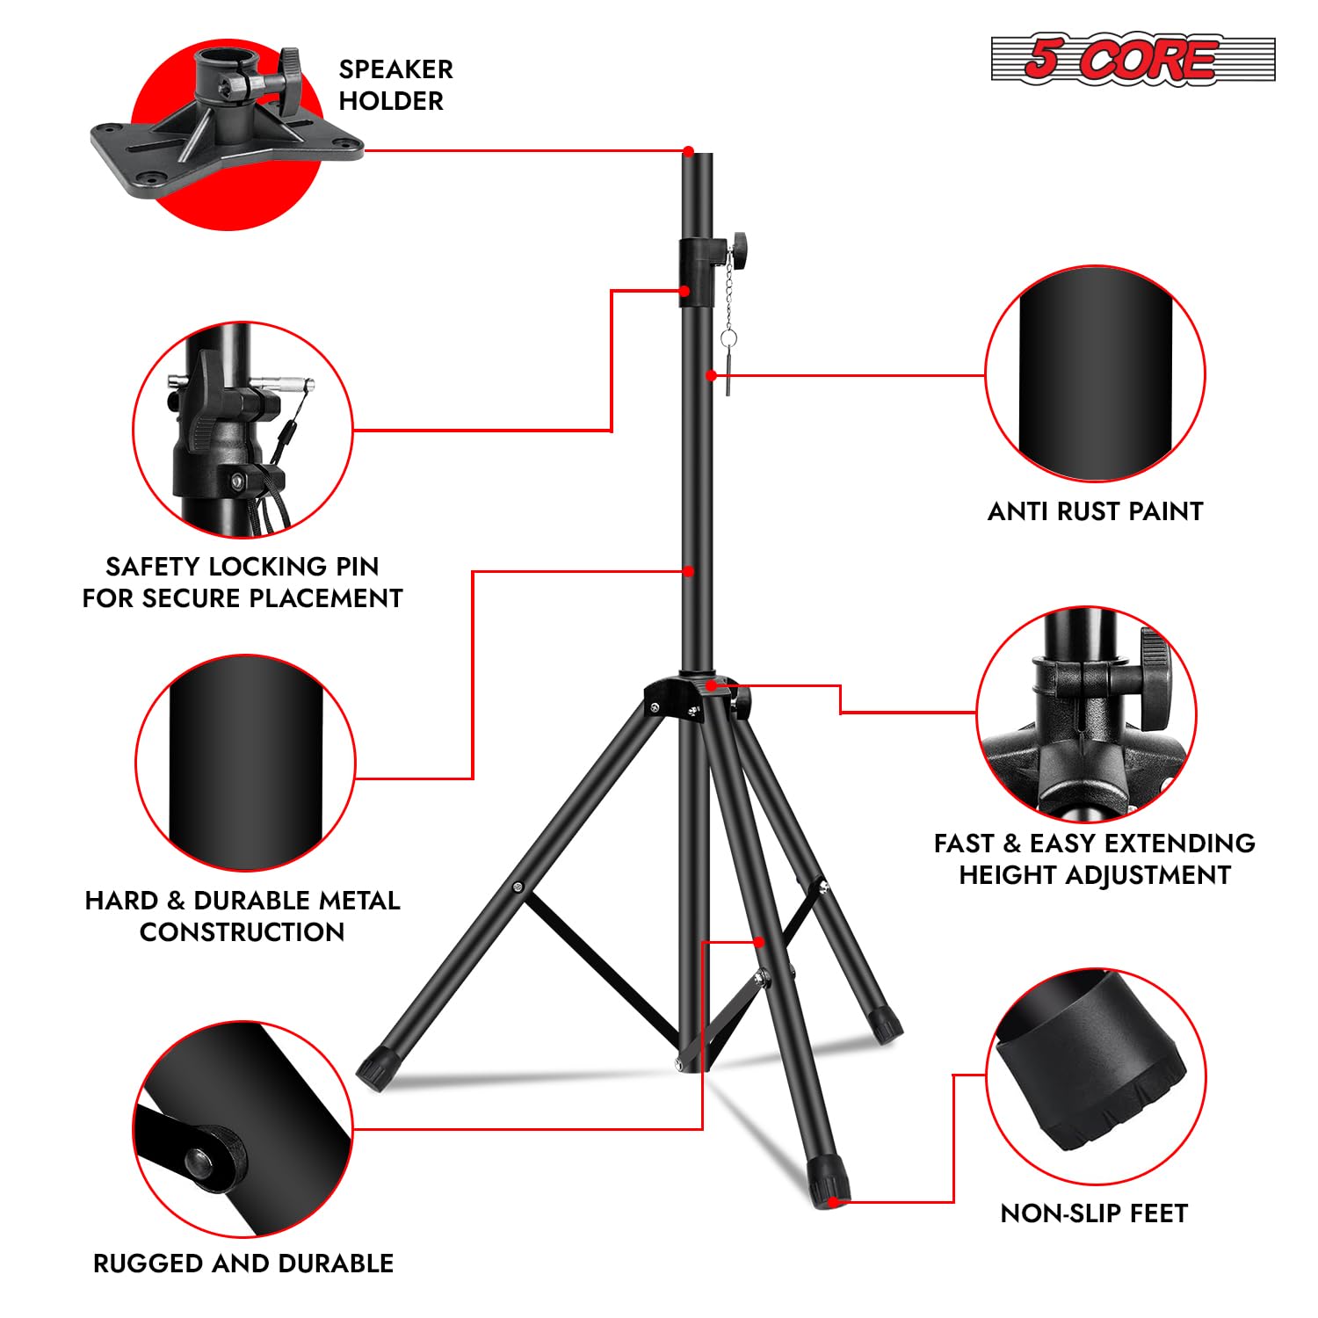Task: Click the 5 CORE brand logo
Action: pos(1132,60)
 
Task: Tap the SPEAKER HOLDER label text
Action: pos(395,85)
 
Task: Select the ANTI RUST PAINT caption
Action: pos(1095,511)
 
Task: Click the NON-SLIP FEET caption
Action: pos(1094,1213)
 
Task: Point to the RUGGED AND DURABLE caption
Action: pos(243,1264)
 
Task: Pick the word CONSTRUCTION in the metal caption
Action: pos(242,932)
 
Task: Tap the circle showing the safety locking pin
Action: pos(243,430)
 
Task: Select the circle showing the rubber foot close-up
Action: pos(1095,1076)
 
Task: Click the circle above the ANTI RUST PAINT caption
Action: pos(1095,374)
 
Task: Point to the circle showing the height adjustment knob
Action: pos(1086,713)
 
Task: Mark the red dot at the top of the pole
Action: pos(689,151)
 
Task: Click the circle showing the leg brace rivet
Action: pos(243,1130)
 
